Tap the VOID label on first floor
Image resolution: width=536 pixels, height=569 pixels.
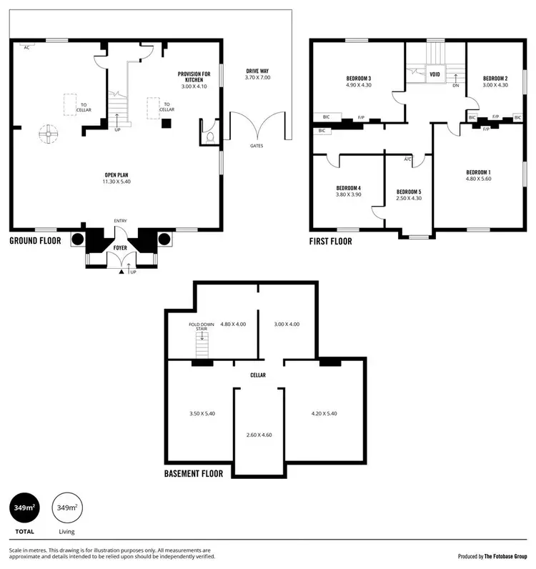435,73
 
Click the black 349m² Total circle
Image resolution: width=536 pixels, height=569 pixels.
24,508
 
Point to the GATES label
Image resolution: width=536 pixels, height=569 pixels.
256,145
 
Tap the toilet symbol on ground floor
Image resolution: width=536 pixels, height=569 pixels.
209,136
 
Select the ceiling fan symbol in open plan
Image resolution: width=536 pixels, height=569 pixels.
49,132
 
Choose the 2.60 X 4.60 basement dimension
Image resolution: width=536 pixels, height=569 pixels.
258,435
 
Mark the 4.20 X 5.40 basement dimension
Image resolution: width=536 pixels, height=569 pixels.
324,413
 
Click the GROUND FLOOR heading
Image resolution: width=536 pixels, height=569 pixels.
35,241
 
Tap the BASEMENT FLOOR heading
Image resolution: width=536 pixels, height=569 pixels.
193,473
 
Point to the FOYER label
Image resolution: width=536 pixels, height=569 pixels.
120,248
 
